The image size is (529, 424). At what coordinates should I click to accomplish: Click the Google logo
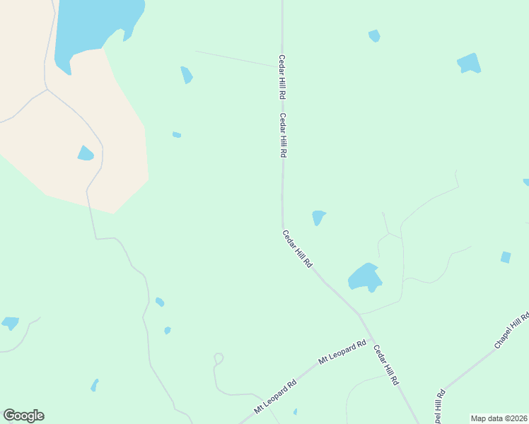click(x=23, y=416)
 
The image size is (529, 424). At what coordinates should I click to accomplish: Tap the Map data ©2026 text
click(x=499, y=418)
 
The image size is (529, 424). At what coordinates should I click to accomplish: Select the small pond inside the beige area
click(x=86, y=153)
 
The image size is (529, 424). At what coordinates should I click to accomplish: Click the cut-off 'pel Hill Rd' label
click(x=439, y=407)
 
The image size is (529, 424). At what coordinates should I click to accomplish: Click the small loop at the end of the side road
click(x=219, y=358)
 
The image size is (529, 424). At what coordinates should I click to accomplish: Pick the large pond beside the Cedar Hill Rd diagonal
click(x=365, y=277)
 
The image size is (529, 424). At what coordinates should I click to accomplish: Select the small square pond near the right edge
click(x=506, y=257)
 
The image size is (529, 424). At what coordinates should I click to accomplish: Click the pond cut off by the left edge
click(x=10, y=323)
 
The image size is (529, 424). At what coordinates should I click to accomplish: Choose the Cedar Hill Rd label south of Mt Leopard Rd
click(x=386, y=365)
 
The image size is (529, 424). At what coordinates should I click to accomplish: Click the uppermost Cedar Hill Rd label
click(x=282, y=76)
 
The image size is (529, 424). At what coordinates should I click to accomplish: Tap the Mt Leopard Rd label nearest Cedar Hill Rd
click(x=342, y=352)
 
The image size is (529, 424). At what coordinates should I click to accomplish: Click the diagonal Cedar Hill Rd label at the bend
click(x=298, y=249)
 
